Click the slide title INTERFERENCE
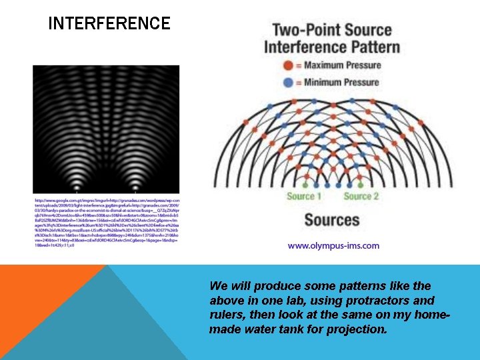click(x=109, y=24)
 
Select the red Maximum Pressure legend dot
click(x=287, y=65)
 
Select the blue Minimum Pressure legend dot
click(x=287, y=83)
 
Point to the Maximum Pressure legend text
click(x=343, y=65)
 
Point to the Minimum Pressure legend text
click(x=342, y=83)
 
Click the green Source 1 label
click(x=304, y=196)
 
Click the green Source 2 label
click(x=361, y=196)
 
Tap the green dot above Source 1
click(x=305, y=185)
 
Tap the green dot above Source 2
click(x=361, y=185)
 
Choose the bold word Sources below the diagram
click(x=332, y=220)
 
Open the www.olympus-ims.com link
click(x=333, y=245)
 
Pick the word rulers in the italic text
click(x=226, y=315)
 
